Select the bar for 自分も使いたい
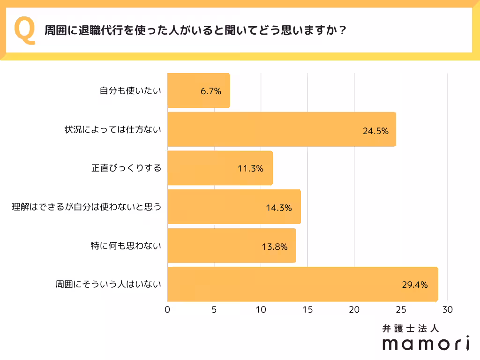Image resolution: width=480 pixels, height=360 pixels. tap(198, 91)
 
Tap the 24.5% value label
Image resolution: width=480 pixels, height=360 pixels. tap(375, 131)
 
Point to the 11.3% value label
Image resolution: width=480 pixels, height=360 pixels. tap(250, 169)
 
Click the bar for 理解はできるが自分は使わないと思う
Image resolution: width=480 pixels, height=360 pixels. tap(233, 207)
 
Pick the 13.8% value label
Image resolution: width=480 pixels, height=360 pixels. tap(274, 246)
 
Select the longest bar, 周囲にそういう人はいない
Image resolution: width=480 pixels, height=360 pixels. tap(302, 284)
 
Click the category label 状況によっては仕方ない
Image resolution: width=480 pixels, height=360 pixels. tap(112, 129)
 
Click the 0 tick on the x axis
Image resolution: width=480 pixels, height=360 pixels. tap(167, 310)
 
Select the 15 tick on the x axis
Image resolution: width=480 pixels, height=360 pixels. tap(307, 310)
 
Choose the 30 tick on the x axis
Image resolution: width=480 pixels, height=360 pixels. tap(448, 310)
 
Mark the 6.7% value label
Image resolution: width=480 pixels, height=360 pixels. tap(210, 91)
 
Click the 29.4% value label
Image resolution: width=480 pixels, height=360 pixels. tap(414, 285)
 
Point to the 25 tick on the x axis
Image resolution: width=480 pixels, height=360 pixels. tap(401, 310)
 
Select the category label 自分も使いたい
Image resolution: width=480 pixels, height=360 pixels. tap(130, 91)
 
